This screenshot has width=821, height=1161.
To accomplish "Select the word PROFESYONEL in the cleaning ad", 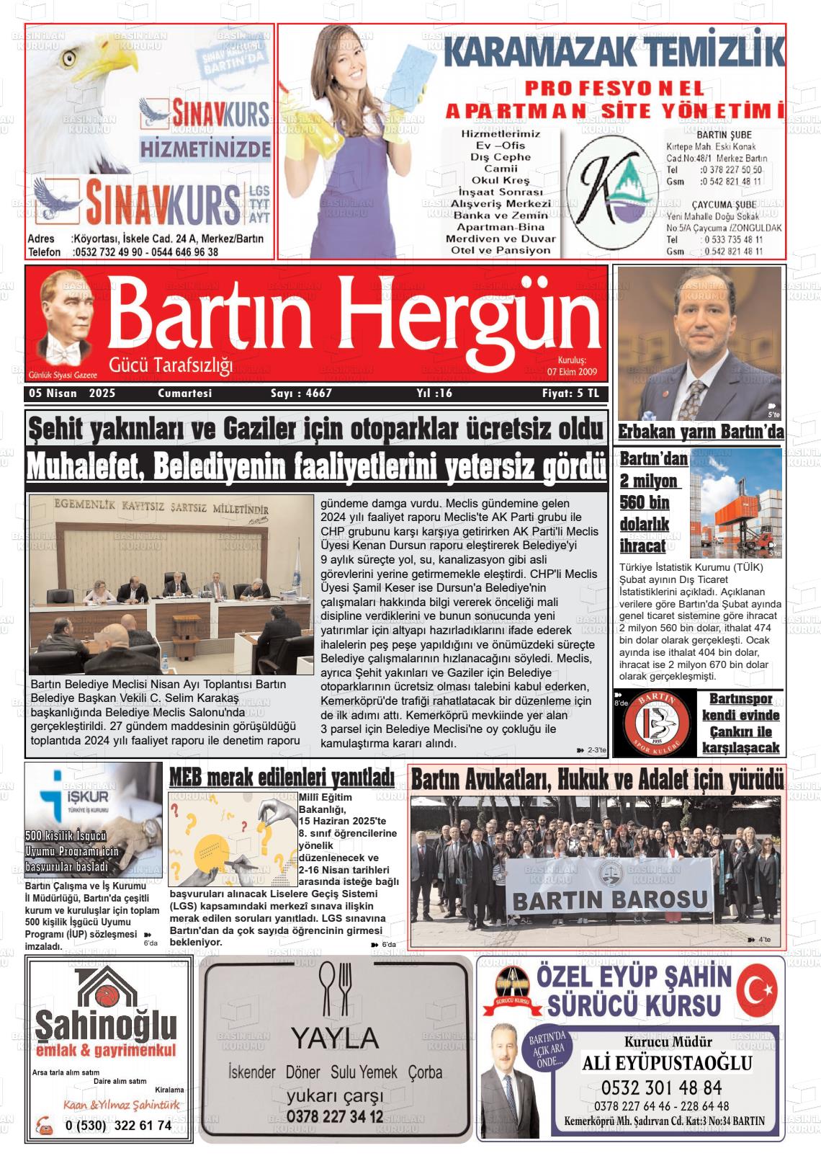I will click(x=614, y=89).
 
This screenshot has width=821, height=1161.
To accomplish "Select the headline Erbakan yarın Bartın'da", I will click(x=701, y=432).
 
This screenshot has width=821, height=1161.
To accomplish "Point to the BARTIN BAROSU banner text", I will click(x=610, y=899).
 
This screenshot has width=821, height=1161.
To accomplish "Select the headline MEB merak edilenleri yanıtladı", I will click(x=282, y=777).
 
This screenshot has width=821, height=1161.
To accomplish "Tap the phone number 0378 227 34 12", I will click(x=335, y=1116).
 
